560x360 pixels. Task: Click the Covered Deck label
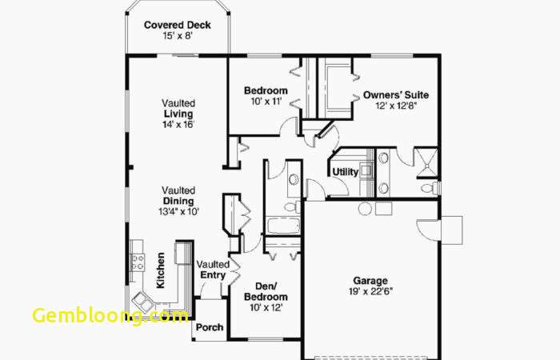[x=177, y=25]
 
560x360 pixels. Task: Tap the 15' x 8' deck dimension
[x=178, y=36]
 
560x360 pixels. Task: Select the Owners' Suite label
[x=396, y=95]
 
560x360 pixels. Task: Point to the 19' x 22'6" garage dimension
[x=370, y=291]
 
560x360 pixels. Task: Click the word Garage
[x=370, y=281]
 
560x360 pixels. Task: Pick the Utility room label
[x=346, y=172]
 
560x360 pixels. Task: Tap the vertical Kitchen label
[x=161, y=270]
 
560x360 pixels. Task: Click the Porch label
[x=210, y=327]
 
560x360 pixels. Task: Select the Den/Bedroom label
[x=266, y=291]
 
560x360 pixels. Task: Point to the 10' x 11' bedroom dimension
[x=266, y=102]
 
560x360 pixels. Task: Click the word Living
[x=178, y=114]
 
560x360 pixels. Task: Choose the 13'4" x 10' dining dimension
[x=178, y=211]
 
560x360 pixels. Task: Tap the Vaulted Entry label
[x=213, y=270]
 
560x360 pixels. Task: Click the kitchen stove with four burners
[x=137, y=262]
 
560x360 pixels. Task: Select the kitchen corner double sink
[x=142, y=302]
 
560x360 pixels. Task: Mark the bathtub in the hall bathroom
[x=283, y=226]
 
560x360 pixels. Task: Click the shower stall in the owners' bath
[x=426, y=162]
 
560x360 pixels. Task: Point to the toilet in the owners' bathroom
[x=430, y=188]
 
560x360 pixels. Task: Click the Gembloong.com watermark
[x=110, y=315]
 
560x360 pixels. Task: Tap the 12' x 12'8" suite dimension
[x=396, y=106]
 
